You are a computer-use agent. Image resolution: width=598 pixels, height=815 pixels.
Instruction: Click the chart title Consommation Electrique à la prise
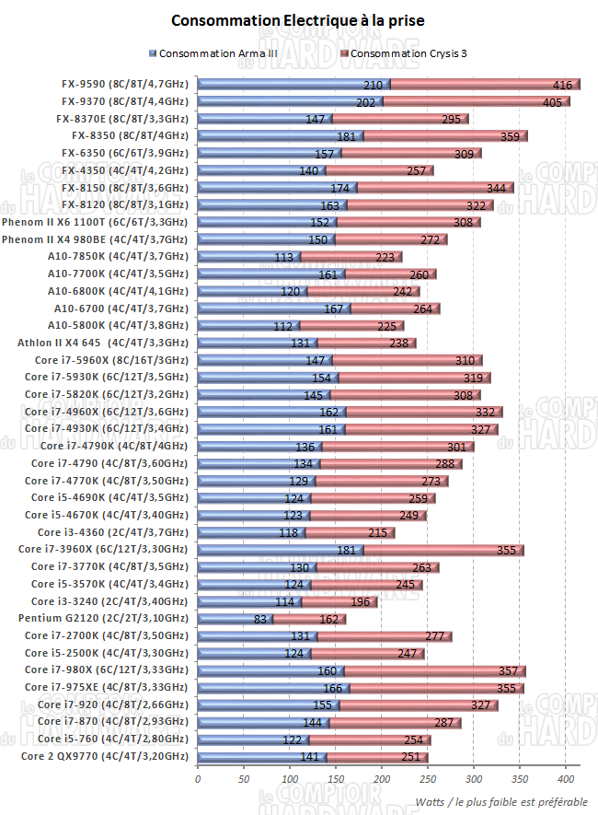299,20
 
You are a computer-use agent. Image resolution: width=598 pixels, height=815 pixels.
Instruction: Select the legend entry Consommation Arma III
217,53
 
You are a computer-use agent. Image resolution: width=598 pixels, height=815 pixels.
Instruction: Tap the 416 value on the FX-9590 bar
561,85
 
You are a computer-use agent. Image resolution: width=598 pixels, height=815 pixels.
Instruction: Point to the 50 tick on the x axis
244,778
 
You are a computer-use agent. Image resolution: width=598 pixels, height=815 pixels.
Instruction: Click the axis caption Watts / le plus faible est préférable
500,799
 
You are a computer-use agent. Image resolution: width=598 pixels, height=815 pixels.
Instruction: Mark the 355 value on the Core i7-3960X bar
505,550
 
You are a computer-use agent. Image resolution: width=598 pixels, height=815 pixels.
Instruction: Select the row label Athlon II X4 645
117,343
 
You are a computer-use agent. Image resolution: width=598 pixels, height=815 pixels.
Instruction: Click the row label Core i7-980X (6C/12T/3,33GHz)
106,670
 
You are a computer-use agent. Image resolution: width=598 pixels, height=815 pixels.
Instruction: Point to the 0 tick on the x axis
198,778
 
